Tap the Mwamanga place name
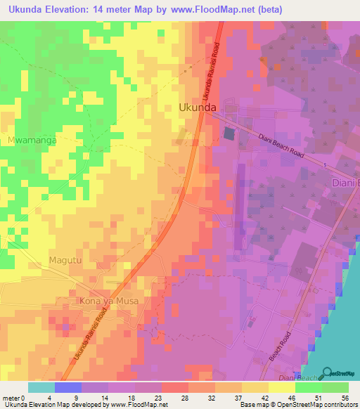point(31,140)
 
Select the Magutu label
point(65,261)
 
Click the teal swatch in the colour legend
point(41,387)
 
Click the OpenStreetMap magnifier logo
point(328,372)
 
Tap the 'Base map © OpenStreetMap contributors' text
point(298,405)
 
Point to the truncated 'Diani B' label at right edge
point(345,184)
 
